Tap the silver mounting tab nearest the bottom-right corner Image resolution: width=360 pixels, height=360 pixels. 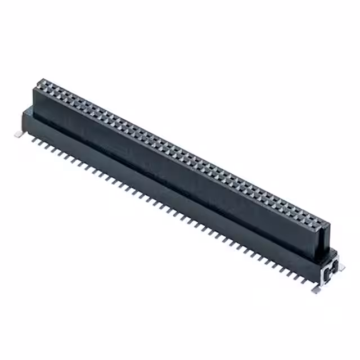click(x=317, y=288)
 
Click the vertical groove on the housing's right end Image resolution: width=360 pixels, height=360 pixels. click(x=323, y=247)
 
